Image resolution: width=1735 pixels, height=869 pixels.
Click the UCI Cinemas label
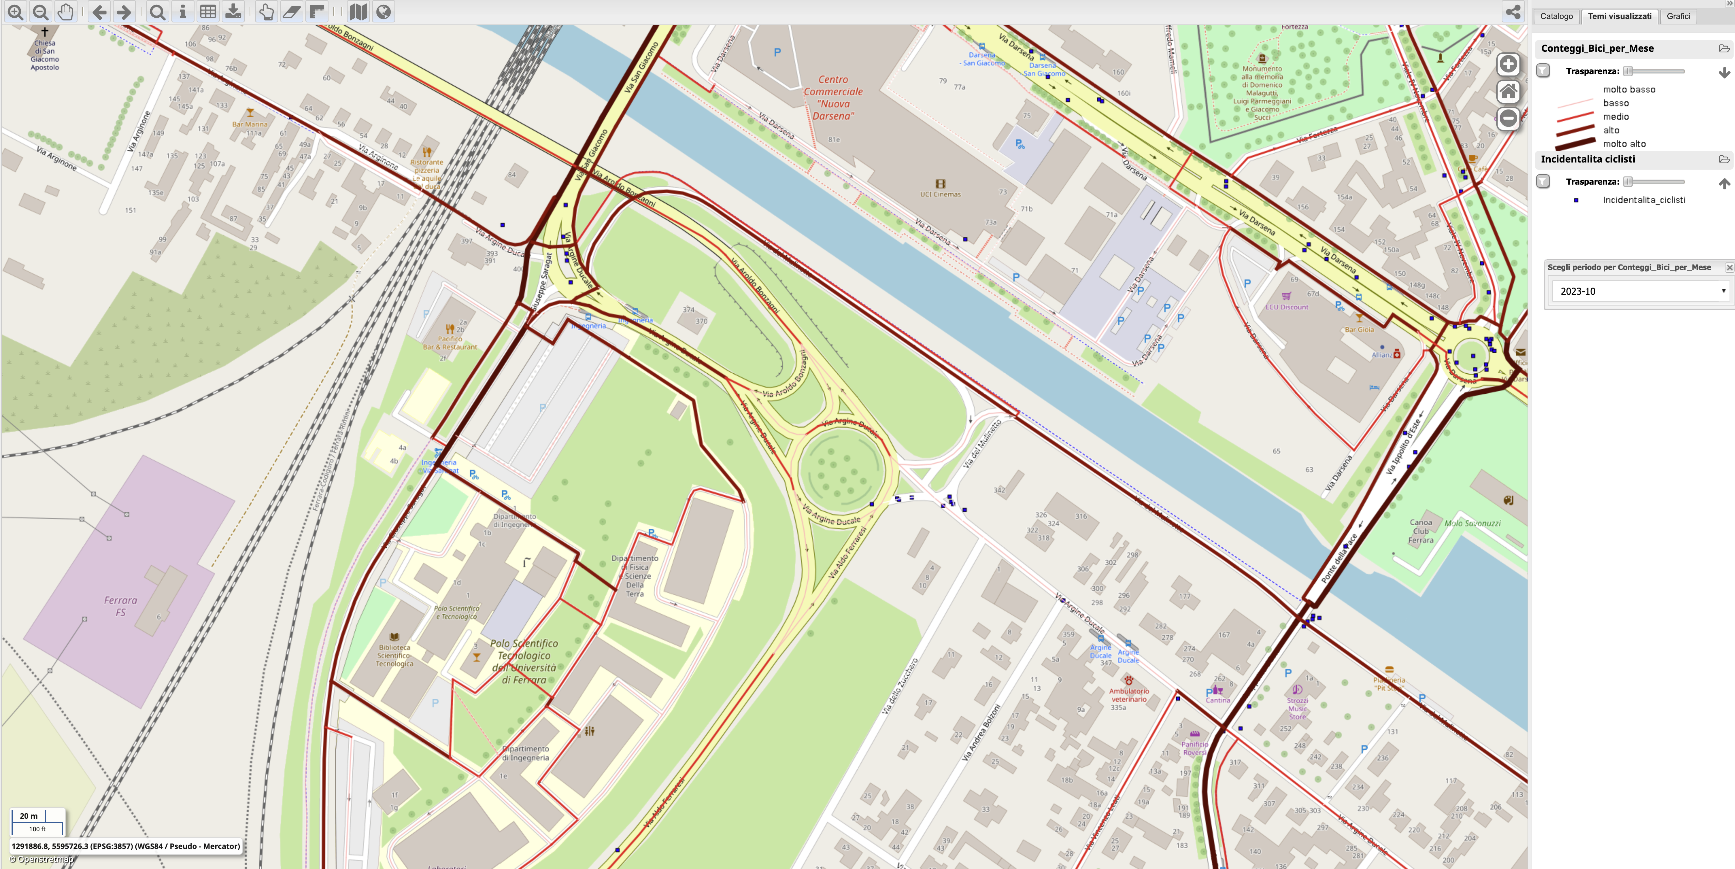coord(940,194)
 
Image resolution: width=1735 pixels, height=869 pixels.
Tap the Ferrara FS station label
coord(121,606)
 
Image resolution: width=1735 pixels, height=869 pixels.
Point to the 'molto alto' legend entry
coord(1624,144)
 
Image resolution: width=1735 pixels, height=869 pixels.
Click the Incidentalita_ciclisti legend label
coord(1644,200)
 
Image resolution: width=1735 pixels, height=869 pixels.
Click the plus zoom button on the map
coord(1508,64)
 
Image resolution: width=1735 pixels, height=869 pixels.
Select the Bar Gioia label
coord(1359,330)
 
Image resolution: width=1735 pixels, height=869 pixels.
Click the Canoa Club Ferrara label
coord(1421,531)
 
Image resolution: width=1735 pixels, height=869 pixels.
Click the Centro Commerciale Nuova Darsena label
coord(833,98)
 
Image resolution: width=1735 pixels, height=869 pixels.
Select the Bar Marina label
coord(250,124)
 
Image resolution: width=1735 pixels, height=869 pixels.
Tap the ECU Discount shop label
coord(1286,307)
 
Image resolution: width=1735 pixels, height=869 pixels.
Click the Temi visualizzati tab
coord(1619,16)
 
